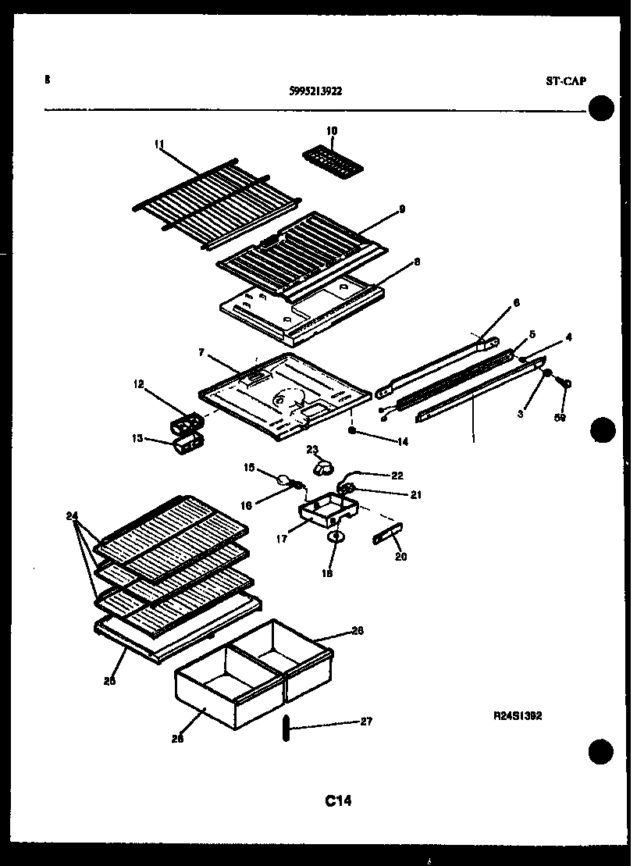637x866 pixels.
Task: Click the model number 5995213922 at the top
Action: [x=315, y=91]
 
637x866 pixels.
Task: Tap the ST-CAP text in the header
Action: [x=564, y=80]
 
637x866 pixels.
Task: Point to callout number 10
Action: [x=332, y=131]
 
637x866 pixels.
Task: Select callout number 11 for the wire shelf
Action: [x=159, y=144]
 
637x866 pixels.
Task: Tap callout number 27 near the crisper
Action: [x=366, y=722]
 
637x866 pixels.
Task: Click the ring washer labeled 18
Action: [x=335, y=537]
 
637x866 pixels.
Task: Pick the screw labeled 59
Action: [x=568, y=383]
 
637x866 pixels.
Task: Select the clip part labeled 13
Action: [x=187, y=445]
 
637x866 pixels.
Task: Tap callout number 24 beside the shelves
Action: [x=71, y=516]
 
